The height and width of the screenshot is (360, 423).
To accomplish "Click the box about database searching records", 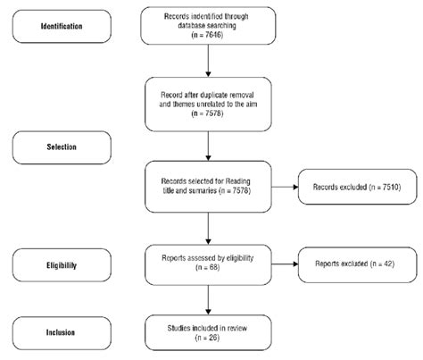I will pos(208,26).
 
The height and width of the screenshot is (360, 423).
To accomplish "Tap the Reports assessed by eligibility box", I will pos(208,266).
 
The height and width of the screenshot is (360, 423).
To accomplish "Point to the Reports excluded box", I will pos(352,266).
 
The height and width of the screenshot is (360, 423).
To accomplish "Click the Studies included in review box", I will pos(208,331).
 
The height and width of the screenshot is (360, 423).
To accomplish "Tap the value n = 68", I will pos(208,276).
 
